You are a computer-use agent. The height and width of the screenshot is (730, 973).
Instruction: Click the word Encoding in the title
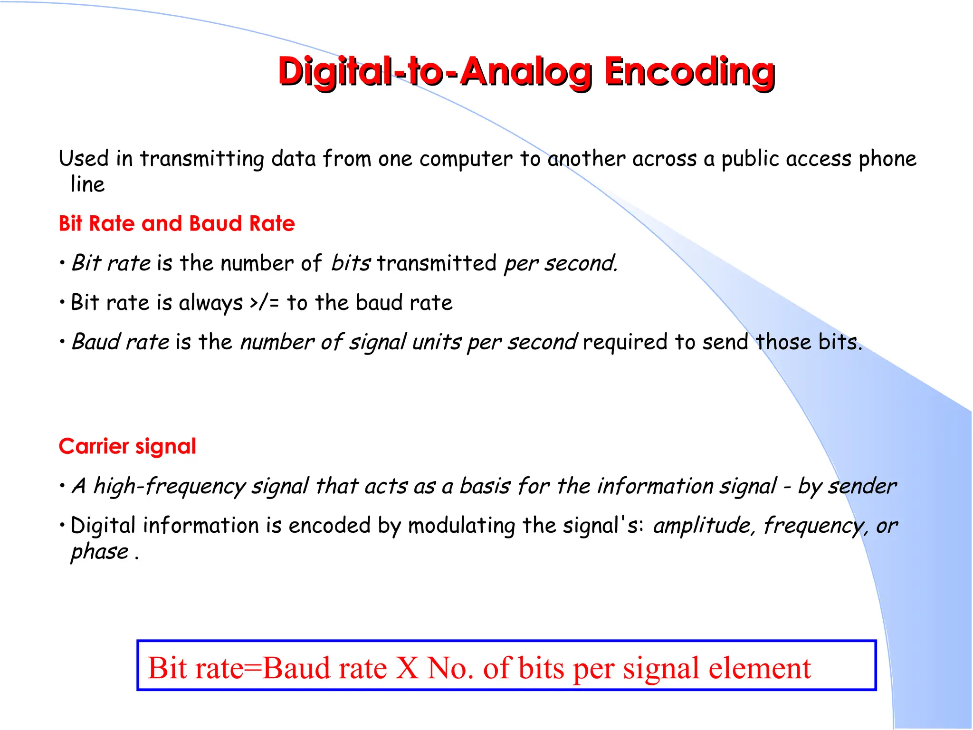689,72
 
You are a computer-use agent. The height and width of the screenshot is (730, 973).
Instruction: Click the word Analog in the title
526,72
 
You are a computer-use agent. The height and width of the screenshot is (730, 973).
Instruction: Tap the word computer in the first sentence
466,159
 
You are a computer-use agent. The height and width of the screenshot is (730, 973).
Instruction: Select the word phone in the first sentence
887,159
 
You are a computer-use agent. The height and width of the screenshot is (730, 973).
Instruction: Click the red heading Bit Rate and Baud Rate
177,223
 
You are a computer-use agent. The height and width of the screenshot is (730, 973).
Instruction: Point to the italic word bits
351,263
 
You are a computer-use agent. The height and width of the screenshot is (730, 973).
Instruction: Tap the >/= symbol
264,303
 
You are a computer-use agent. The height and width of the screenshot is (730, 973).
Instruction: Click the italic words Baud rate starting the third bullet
120,342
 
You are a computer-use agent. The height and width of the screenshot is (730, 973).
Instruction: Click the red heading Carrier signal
127,446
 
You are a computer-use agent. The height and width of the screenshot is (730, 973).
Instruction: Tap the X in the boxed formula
407,668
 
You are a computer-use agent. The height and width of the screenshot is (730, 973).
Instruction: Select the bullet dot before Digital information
62,525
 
